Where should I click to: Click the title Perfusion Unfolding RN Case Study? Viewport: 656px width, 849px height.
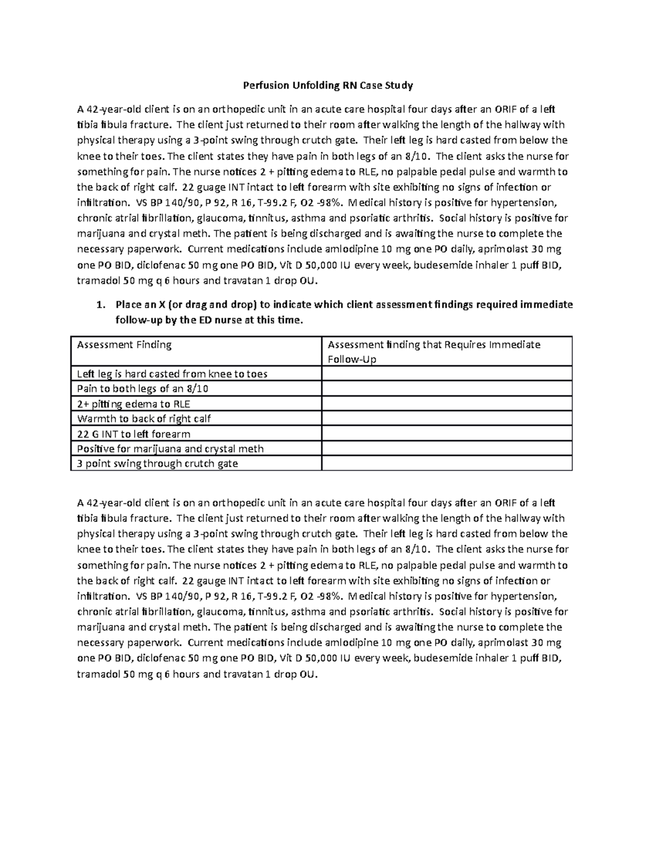(327, 85)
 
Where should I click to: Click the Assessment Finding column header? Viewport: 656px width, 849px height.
(124, 345)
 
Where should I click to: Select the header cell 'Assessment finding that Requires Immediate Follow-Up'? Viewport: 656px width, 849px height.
(434, 352)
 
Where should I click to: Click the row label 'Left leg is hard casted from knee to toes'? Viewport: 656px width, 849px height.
(172, 374)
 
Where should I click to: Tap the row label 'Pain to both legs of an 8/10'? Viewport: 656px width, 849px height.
(143, 389)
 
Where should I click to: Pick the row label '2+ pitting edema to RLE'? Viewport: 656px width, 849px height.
(133, 405)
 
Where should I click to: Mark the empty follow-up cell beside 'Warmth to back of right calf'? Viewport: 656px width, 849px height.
(447, 419)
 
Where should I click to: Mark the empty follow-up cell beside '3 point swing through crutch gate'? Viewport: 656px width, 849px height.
(447, 464)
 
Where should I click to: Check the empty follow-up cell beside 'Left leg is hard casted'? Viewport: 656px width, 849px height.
(447, 374)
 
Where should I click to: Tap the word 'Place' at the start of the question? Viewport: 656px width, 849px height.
(128, 305)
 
